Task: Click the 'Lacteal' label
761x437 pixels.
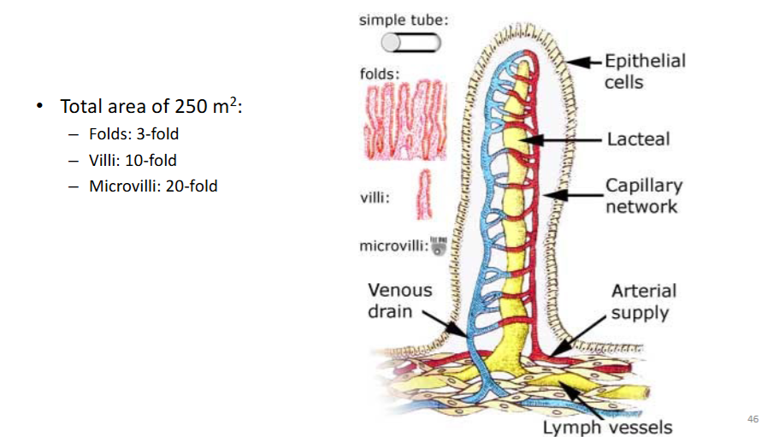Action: coord(638,139)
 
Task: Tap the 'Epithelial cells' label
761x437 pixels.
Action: coord(645,71)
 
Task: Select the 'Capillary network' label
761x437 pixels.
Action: coord(644,196)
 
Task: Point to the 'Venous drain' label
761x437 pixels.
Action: coord(399,300)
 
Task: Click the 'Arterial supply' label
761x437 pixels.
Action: coord(644,302)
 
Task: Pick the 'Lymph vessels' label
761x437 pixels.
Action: coord(607,428)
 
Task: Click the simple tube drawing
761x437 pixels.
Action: coord(410,43)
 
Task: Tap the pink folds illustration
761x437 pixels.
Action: coord(405,121)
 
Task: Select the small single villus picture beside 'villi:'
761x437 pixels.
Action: coord(424,194)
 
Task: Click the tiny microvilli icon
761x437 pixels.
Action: coord(439,245)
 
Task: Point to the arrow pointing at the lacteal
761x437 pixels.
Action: coord(561,140)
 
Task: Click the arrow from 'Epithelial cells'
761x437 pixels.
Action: coord(584,62)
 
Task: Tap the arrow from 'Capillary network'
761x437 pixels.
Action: coord(572,195)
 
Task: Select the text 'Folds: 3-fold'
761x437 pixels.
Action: coord(134,134)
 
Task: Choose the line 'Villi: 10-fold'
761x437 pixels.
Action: coord(133,160)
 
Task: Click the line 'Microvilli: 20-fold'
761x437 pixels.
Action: coord(153,186)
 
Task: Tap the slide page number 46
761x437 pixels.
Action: coord(752,419)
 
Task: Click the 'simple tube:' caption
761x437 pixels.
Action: coord(404,21)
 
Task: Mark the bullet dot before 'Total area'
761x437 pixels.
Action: coord(40,105)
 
